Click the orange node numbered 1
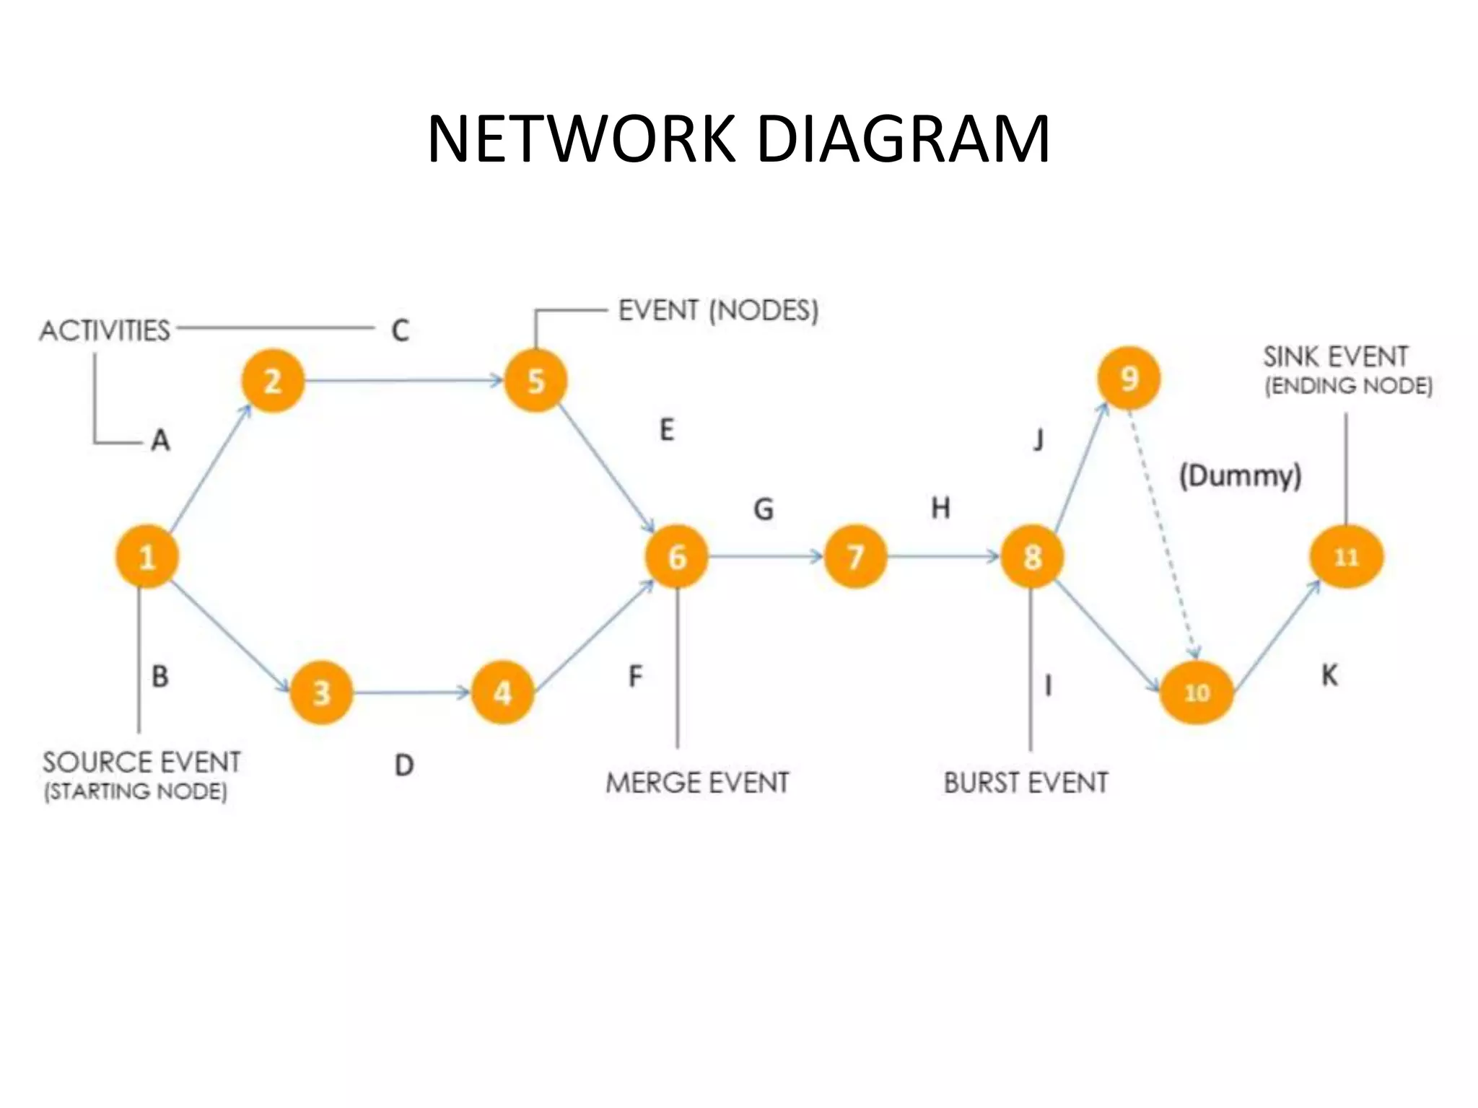coord(147,556)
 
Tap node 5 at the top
coord(535,381)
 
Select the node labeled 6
coord(677,556)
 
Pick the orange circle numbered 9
coord(1129,378)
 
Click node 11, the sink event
coord(1346,556)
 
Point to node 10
coord(1197,692)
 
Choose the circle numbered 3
coord(321,692)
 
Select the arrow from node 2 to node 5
coord(404,380)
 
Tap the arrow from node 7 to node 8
coord(942,556)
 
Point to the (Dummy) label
coord(1240,476)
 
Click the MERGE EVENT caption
coord(697,783)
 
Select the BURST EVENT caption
coord(1026,783)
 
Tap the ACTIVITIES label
coord(105,330)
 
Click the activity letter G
coord(764,509)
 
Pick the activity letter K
coord(1329,676)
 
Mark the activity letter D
coord(404,765)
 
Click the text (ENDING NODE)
coord(1348,386)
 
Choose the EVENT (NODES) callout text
coord(718,311)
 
